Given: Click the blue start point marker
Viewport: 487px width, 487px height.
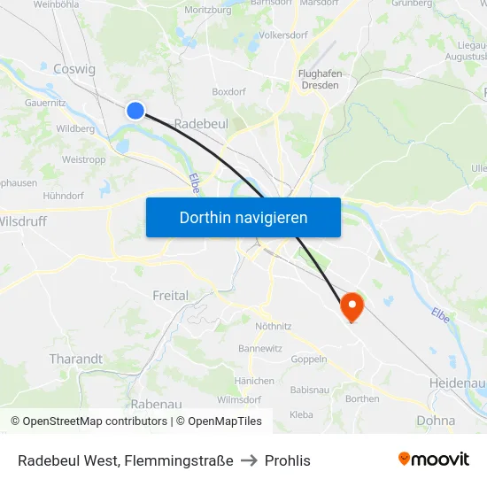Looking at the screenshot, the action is click(x=135, y=110).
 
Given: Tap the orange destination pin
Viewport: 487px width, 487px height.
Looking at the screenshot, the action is click(x=352, y=306).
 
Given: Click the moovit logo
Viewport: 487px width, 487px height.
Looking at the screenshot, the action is click(x=434, y=460).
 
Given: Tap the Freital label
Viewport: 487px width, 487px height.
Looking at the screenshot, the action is click(x=170, y=295).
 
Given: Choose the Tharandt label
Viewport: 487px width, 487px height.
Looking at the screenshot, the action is click(x=75, y=359).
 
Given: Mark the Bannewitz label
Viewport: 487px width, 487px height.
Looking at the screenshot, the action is click(x=260, y=349).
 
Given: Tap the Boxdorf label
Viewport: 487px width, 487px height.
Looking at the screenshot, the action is click(x=228, y=91).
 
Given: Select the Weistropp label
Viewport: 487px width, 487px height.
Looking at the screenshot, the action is click(x=85, y=160).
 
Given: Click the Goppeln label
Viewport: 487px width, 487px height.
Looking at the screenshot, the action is click(x=309, y=359).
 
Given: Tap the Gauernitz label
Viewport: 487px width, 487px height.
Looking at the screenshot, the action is click(x=46, y=103).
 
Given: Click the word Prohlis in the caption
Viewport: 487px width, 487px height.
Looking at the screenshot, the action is click(x=288, y=460).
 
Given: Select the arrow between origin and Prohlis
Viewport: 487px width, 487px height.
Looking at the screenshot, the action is click(x=249, y=460).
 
